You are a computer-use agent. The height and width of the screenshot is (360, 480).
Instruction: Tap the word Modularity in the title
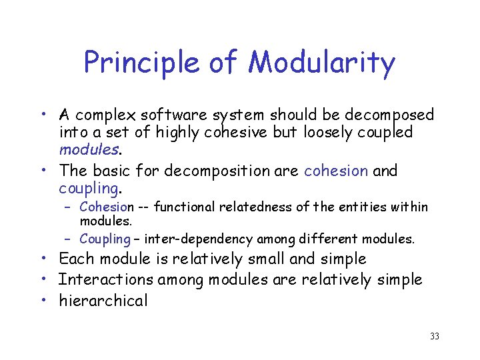click(x=321, y=63)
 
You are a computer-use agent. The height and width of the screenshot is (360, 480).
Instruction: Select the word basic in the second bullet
click(x=111, y=171)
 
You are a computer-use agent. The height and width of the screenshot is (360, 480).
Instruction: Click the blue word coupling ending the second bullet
click(x=88, y=189)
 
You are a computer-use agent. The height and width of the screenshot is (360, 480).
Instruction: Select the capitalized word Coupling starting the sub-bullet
click(x=105, y=239)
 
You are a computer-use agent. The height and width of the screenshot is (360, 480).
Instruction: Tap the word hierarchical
click(x=103, y=301)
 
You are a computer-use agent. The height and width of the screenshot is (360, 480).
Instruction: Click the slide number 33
click(x=434, y=337)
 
